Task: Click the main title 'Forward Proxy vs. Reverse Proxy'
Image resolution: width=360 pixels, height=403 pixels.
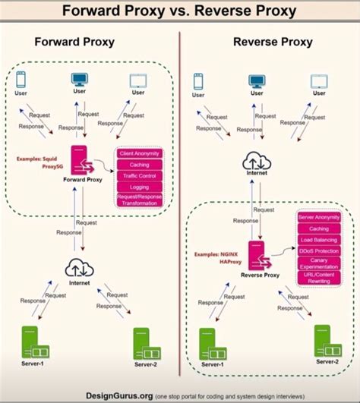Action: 180,11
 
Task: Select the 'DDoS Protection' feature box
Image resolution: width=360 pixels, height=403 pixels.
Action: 319,250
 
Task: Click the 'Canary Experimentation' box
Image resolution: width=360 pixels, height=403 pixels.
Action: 319,263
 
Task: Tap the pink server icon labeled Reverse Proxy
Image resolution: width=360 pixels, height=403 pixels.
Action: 257,253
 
